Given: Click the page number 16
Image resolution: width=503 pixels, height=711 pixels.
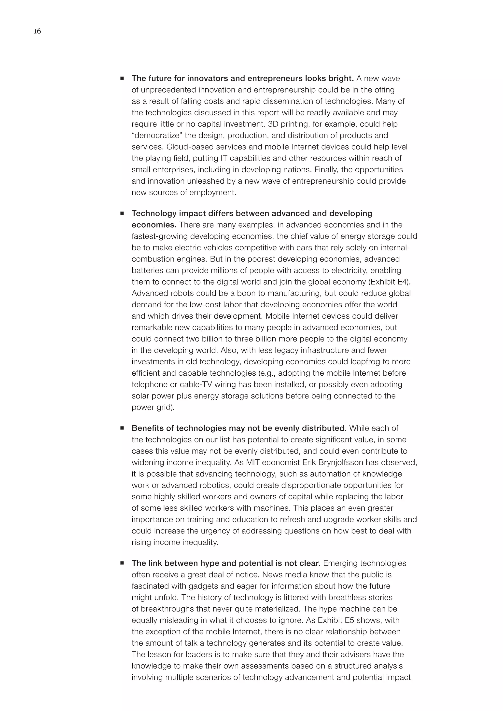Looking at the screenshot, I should pyautogui.click(x=37, y=31).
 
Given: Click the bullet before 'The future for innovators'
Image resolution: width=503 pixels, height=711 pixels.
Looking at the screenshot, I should pyautogui.click(x=122, y=78).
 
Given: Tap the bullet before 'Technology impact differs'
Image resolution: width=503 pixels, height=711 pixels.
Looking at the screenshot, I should pyautogui.click(x=122, y=213).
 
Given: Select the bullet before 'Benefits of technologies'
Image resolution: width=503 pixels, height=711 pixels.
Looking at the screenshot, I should pyautogui.click(x=122, y=428).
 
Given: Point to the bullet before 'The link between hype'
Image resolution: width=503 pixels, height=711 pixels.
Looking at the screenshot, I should pyautogui.click(x=122, y=563).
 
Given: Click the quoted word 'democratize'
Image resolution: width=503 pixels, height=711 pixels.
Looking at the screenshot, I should pyautogui.click(x=158, y=135).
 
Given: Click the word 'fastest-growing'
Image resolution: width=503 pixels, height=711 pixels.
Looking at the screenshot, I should pyautogui.click(x=159, y=236).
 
